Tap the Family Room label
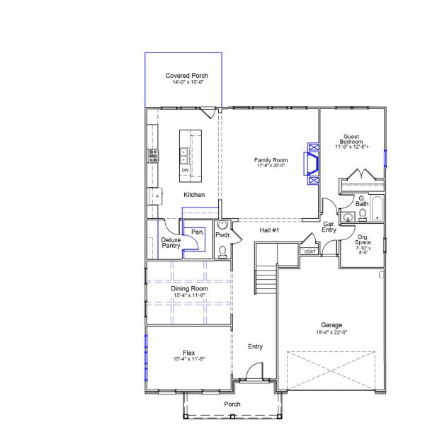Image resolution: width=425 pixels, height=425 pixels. point(271,160)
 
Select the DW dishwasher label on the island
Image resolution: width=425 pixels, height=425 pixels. point(185,171)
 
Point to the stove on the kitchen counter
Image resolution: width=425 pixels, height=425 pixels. point(152,155)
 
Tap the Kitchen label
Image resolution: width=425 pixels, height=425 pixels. point(194,195)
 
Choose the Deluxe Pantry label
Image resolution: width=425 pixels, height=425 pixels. point(171,242)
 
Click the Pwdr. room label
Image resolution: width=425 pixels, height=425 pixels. point(223,234)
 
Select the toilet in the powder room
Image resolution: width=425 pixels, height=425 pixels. point(222,250)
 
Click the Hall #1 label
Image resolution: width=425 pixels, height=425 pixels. point(269,231)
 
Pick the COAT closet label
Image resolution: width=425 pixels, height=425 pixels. point(310,251)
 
